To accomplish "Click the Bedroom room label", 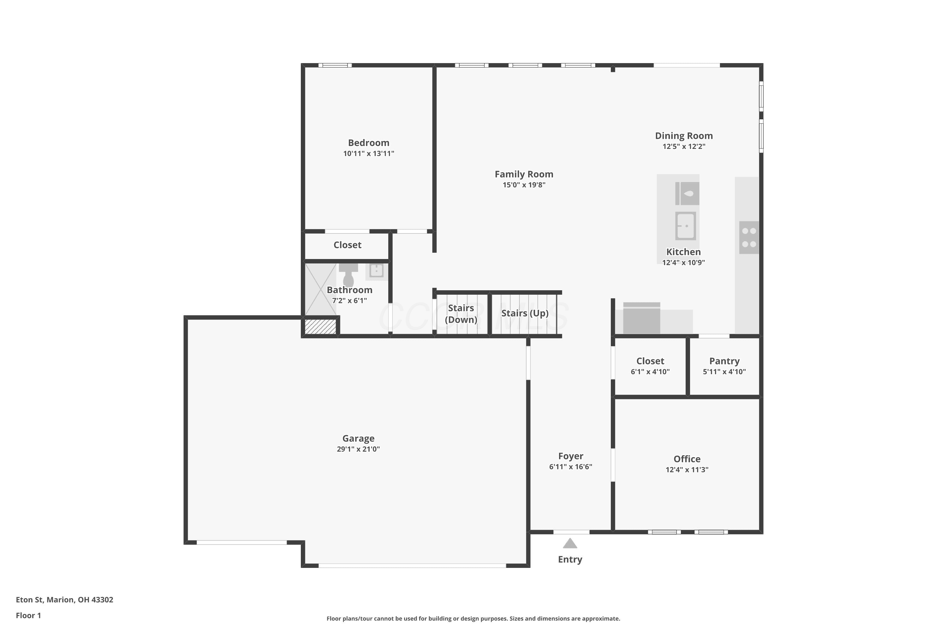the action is tap(368, 143).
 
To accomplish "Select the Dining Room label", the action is tap(684, 136).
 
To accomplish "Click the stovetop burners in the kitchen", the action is tap(749, 238).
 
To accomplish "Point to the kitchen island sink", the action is tap(685, 226).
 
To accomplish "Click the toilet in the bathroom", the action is tap(348, 274).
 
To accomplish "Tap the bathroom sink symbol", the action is tap(377, 270).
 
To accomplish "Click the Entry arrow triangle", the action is tap(570, 543).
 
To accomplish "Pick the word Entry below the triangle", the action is tap(570, 559).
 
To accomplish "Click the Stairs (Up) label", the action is tap(525, 313).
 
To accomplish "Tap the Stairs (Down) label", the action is tap(461, 314).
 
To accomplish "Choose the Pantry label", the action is tap(724, 361).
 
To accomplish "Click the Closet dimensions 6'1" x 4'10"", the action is tap(650, 372).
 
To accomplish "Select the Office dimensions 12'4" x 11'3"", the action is tap(687, 470).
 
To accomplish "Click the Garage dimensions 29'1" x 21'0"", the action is tap(358, 449).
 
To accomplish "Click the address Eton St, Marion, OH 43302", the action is tap(64, 600).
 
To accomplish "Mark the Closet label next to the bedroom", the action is tap(348, 245).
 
